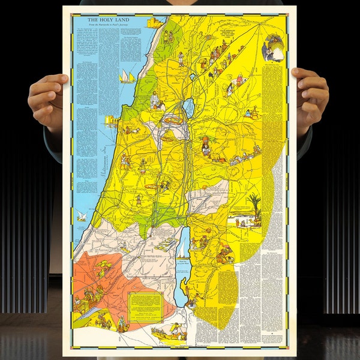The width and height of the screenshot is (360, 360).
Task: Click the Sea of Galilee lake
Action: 190,108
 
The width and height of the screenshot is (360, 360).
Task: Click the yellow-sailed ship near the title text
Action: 127,76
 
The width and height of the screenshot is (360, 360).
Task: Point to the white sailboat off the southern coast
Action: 81,215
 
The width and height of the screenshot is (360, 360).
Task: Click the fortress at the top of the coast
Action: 154,23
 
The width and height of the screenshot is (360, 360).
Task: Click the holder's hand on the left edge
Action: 47,97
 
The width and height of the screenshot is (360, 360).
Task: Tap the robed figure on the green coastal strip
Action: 155,99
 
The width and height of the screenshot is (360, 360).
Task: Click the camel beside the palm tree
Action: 243,221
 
